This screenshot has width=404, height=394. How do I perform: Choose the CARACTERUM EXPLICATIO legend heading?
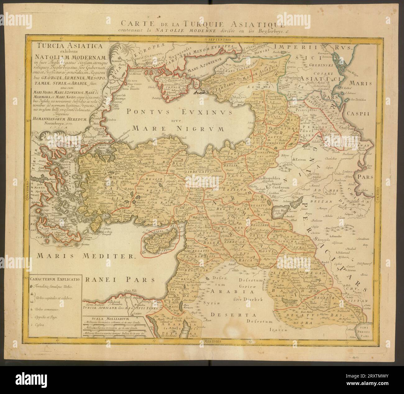tap(54, 279)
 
